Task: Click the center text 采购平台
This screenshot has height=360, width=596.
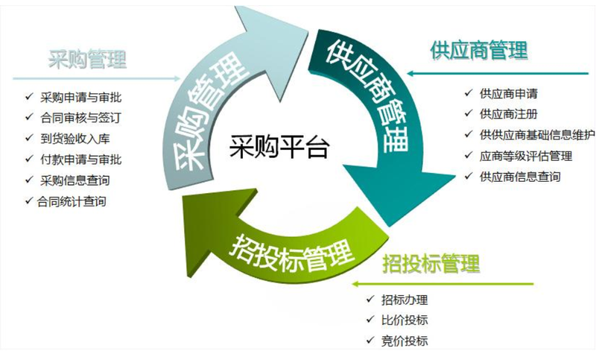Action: click(279, 146)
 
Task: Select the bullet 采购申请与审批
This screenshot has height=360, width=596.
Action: click(81, 98)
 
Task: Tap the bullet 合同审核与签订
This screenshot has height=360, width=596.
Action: click(81, 118)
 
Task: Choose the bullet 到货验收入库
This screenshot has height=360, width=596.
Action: click(75, 139)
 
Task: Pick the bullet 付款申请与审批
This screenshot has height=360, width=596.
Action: click(81, 160)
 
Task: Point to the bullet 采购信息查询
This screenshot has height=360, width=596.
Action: click(75, 180)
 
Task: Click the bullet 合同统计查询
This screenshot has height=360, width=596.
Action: click(72, 201)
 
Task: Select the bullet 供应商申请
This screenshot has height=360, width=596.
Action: click(509, 93)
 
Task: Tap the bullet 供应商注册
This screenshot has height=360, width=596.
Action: click(509, 114)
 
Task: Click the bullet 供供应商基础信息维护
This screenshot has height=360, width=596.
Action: click(537, 135)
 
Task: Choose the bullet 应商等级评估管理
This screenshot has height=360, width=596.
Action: click(526, 156)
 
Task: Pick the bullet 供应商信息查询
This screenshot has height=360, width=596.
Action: click(520, 177)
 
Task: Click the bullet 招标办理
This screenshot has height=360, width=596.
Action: click(405, 300)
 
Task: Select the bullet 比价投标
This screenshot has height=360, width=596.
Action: click(405, 320)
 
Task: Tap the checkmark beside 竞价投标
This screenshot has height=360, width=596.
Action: click(370, 340)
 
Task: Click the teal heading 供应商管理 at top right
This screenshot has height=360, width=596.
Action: click(479, 50)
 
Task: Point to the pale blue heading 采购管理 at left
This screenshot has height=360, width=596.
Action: click(87, 59)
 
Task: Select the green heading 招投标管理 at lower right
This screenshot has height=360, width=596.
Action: click(431, 263)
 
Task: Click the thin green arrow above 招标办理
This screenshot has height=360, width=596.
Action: click(443, 283)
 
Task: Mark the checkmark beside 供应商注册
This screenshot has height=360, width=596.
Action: click(469, 113)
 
